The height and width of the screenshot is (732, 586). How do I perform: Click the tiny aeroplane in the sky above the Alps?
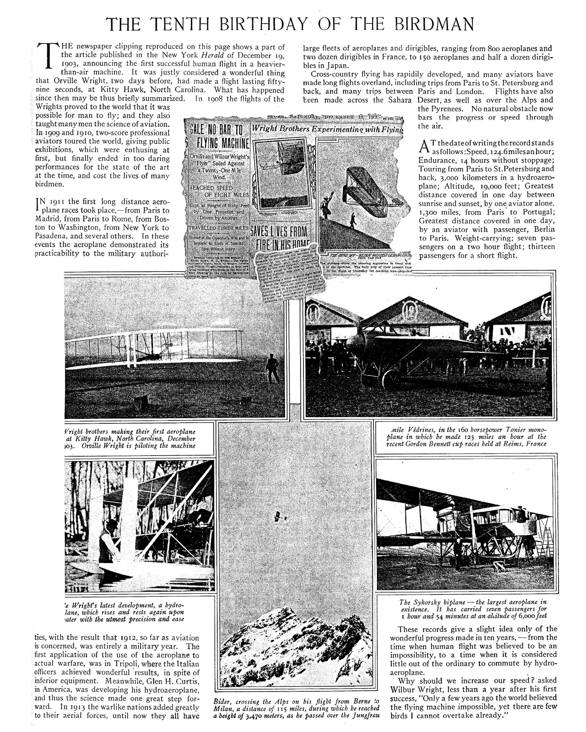click(276, 516)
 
